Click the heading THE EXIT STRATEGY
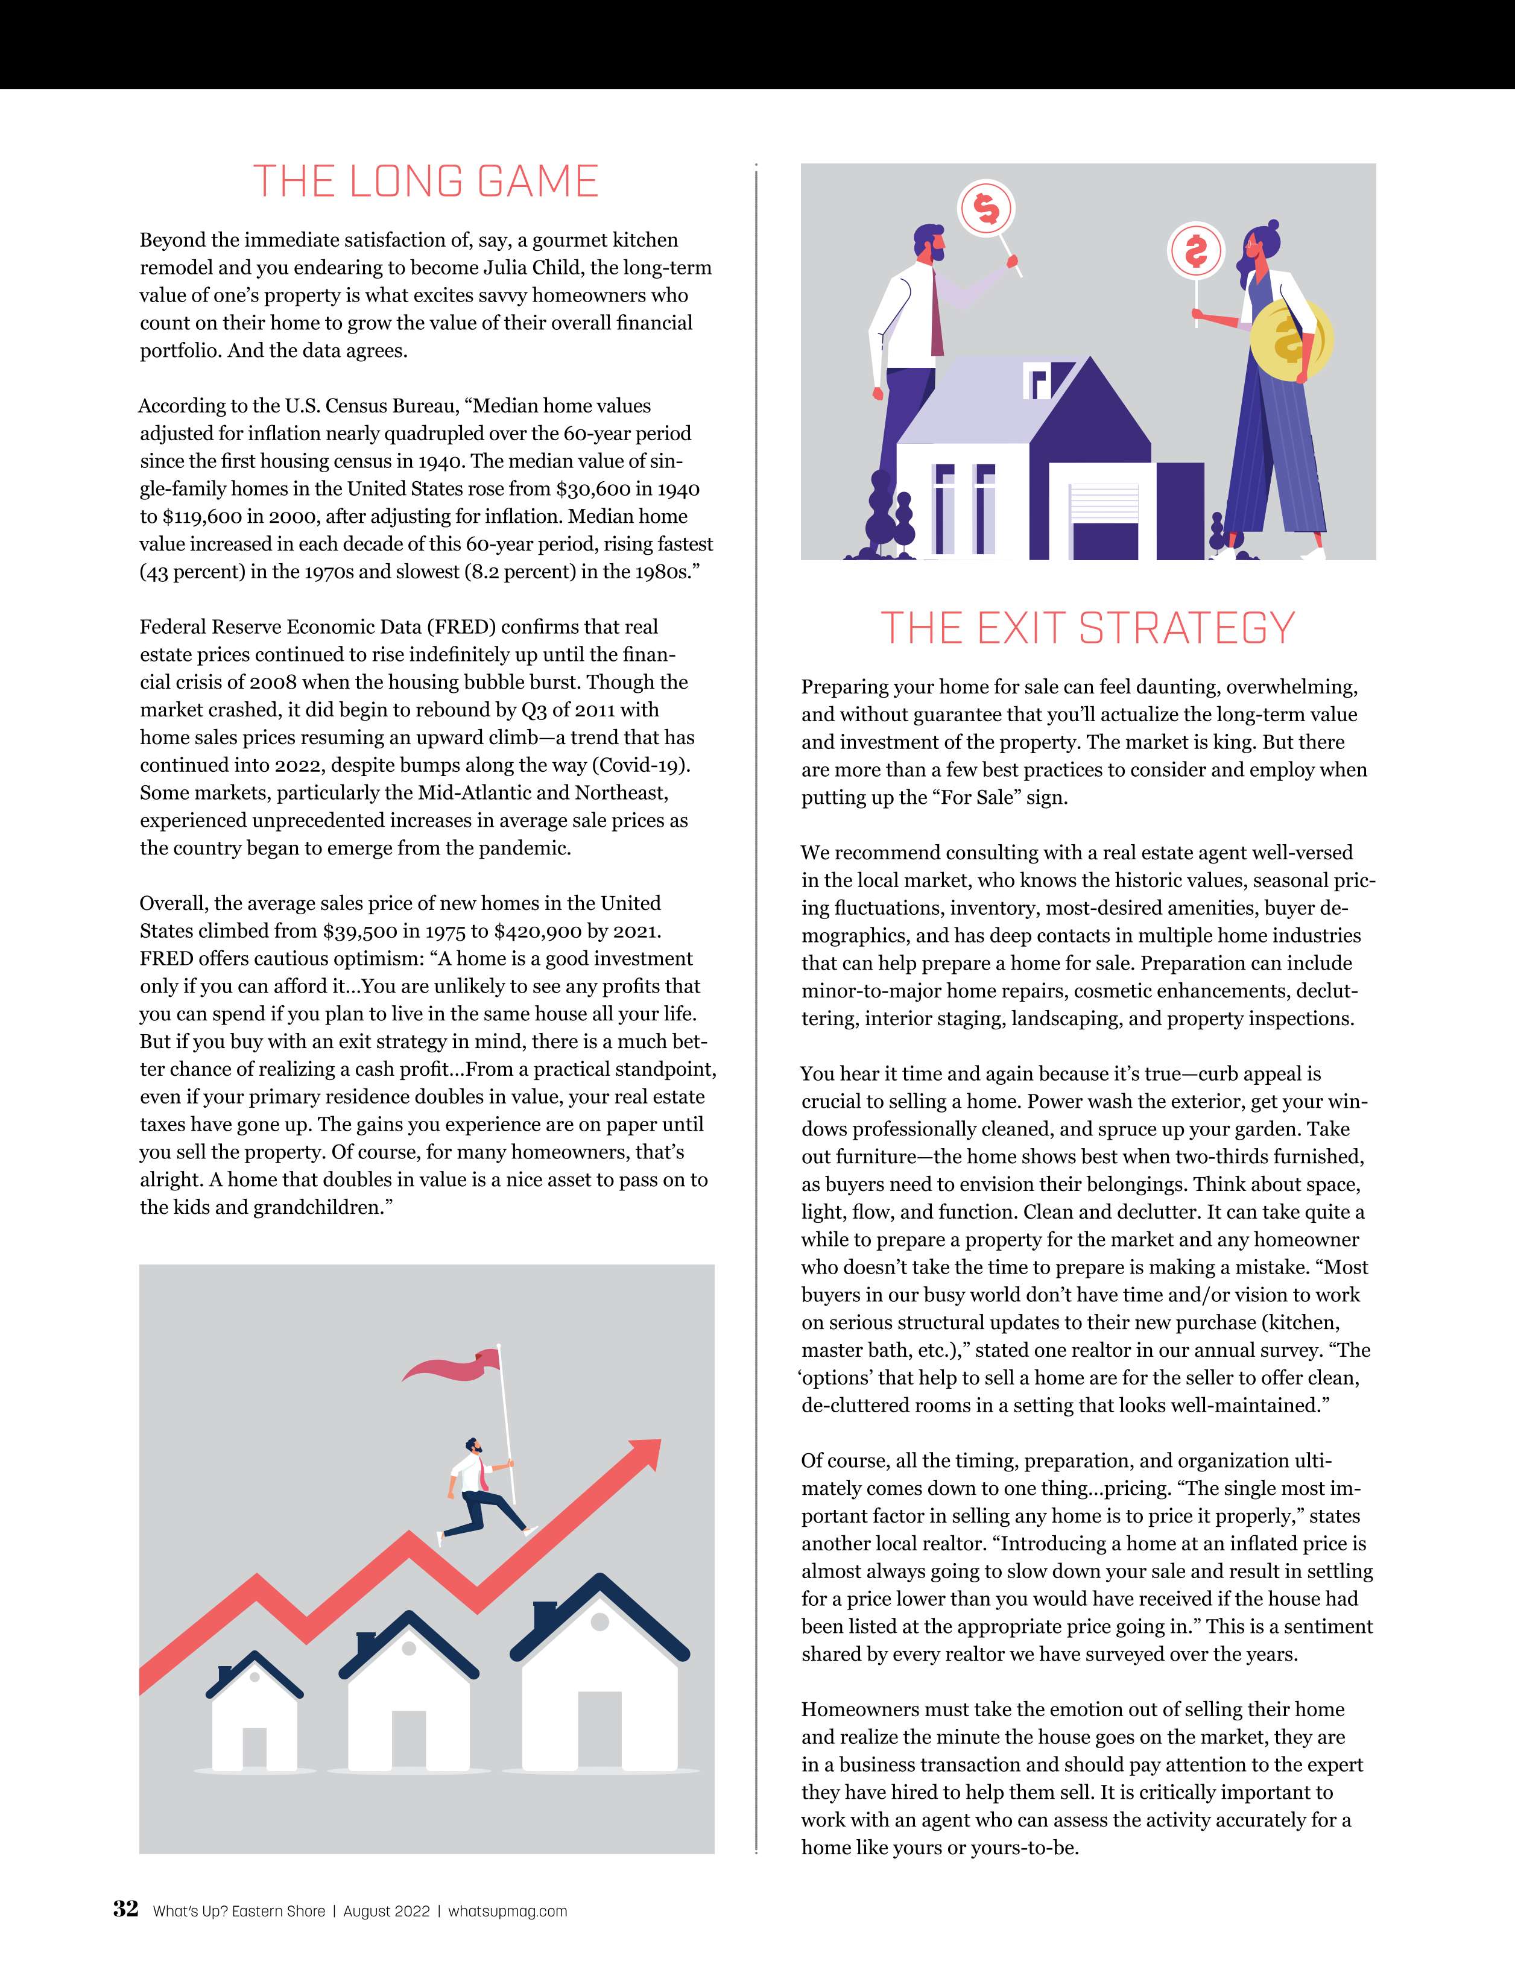[1087, 628]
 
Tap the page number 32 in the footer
[125, 1909]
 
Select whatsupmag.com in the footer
[507, 1911]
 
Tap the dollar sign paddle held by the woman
[1195, 251]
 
